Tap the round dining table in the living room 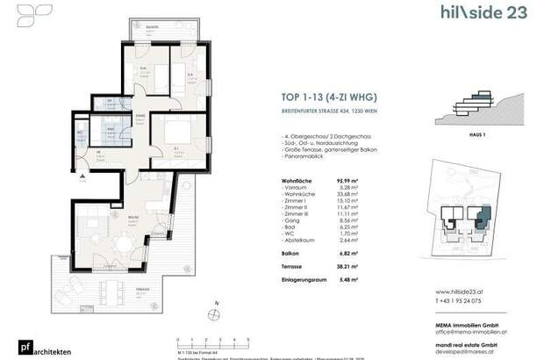coord(123,235)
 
